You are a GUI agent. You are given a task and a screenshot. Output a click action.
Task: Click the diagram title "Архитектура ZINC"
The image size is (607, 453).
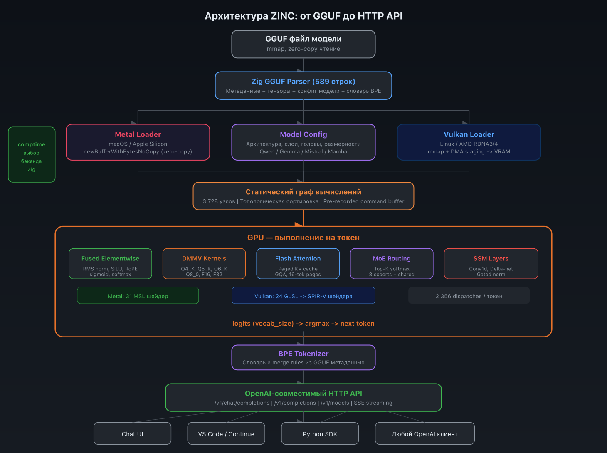[x=303, y=16]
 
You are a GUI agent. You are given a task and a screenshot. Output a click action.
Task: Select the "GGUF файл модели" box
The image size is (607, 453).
[x=303, y=44]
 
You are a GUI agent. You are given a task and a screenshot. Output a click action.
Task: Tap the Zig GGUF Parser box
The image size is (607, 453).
[x=303, y=86]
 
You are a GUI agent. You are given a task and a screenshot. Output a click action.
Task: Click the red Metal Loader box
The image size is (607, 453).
[x=138, y=142]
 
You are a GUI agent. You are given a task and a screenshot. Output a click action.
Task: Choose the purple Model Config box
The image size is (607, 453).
[x=303, y=142]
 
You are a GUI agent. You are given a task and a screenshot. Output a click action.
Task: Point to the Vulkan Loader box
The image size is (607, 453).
[x=469, y=142]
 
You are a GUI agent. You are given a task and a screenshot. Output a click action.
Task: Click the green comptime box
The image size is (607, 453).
[x=32, y=155]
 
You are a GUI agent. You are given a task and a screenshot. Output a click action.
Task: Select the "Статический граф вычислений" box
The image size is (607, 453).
[x=303, y=196]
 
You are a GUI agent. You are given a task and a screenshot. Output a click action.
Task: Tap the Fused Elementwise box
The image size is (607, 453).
[x=110, y=264]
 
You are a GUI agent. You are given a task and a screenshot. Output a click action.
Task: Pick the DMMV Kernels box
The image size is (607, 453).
[x=204, y=264]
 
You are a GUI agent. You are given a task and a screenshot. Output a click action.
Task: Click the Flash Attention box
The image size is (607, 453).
[x=298, y=264]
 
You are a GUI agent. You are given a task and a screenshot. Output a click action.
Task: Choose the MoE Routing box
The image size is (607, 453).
[x=392, y=264]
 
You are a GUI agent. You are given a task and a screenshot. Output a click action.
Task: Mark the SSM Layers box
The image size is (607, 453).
[x=491, y=264]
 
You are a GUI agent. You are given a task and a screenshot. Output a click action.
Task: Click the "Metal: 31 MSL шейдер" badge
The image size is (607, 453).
[x=138, y=296]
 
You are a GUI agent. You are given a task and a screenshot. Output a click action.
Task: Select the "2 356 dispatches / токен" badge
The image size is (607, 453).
[x=469, y=296]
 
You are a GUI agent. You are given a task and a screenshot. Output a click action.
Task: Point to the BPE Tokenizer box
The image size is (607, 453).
[x=303, y=357]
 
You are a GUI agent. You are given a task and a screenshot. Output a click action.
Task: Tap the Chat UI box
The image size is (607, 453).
[x=132, y=433]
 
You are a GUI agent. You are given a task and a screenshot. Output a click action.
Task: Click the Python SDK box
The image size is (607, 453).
[x=320, y=433]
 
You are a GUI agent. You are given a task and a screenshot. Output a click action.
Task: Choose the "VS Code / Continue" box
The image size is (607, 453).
[x=226, y=433]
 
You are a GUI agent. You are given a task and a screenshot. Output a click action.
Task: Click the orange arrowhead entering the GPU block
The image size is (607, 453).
[x=299, y=225]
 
